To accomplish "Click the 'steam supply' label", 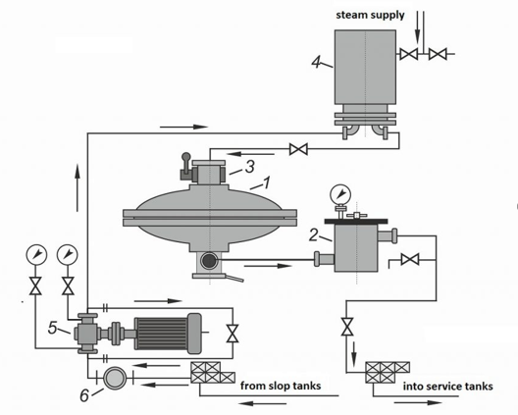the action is click(370, 16).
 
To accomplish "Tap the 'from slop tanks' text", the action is click(281, 386).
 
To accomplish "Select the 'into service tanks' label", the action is click(447, 387).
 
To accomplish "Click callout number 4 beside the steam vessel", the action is click(317, 62).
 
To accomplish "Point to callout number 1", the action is click(266, 182).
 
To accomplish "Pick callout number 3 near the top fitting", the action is click(250, 167).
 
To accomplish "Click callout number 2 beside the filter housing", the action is click(314, 235).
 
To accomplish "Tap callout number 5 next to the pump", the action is click(53, 328).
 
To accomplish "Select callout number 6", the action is click(84, 395).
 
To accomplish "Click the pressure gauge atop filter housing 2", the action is click(340, 194).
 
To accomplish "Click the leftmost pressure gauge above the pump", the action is click(36, 255).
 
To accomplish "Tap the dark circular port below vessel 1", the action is click(209, 261).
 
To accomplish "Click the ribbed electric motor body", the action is click(161, 334).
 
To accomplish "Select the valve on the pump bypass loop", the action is click(233, 334).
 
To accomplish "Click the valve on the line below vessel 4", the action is click(298, 149).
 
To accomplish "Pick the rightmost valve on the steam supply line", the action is click(438, 54).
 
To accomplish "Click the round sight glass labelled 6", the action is click(115, 378).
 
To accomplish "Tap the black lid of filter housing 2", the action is click(356, 221).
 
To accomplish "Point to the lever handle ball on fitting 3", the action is click(186, 156).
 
